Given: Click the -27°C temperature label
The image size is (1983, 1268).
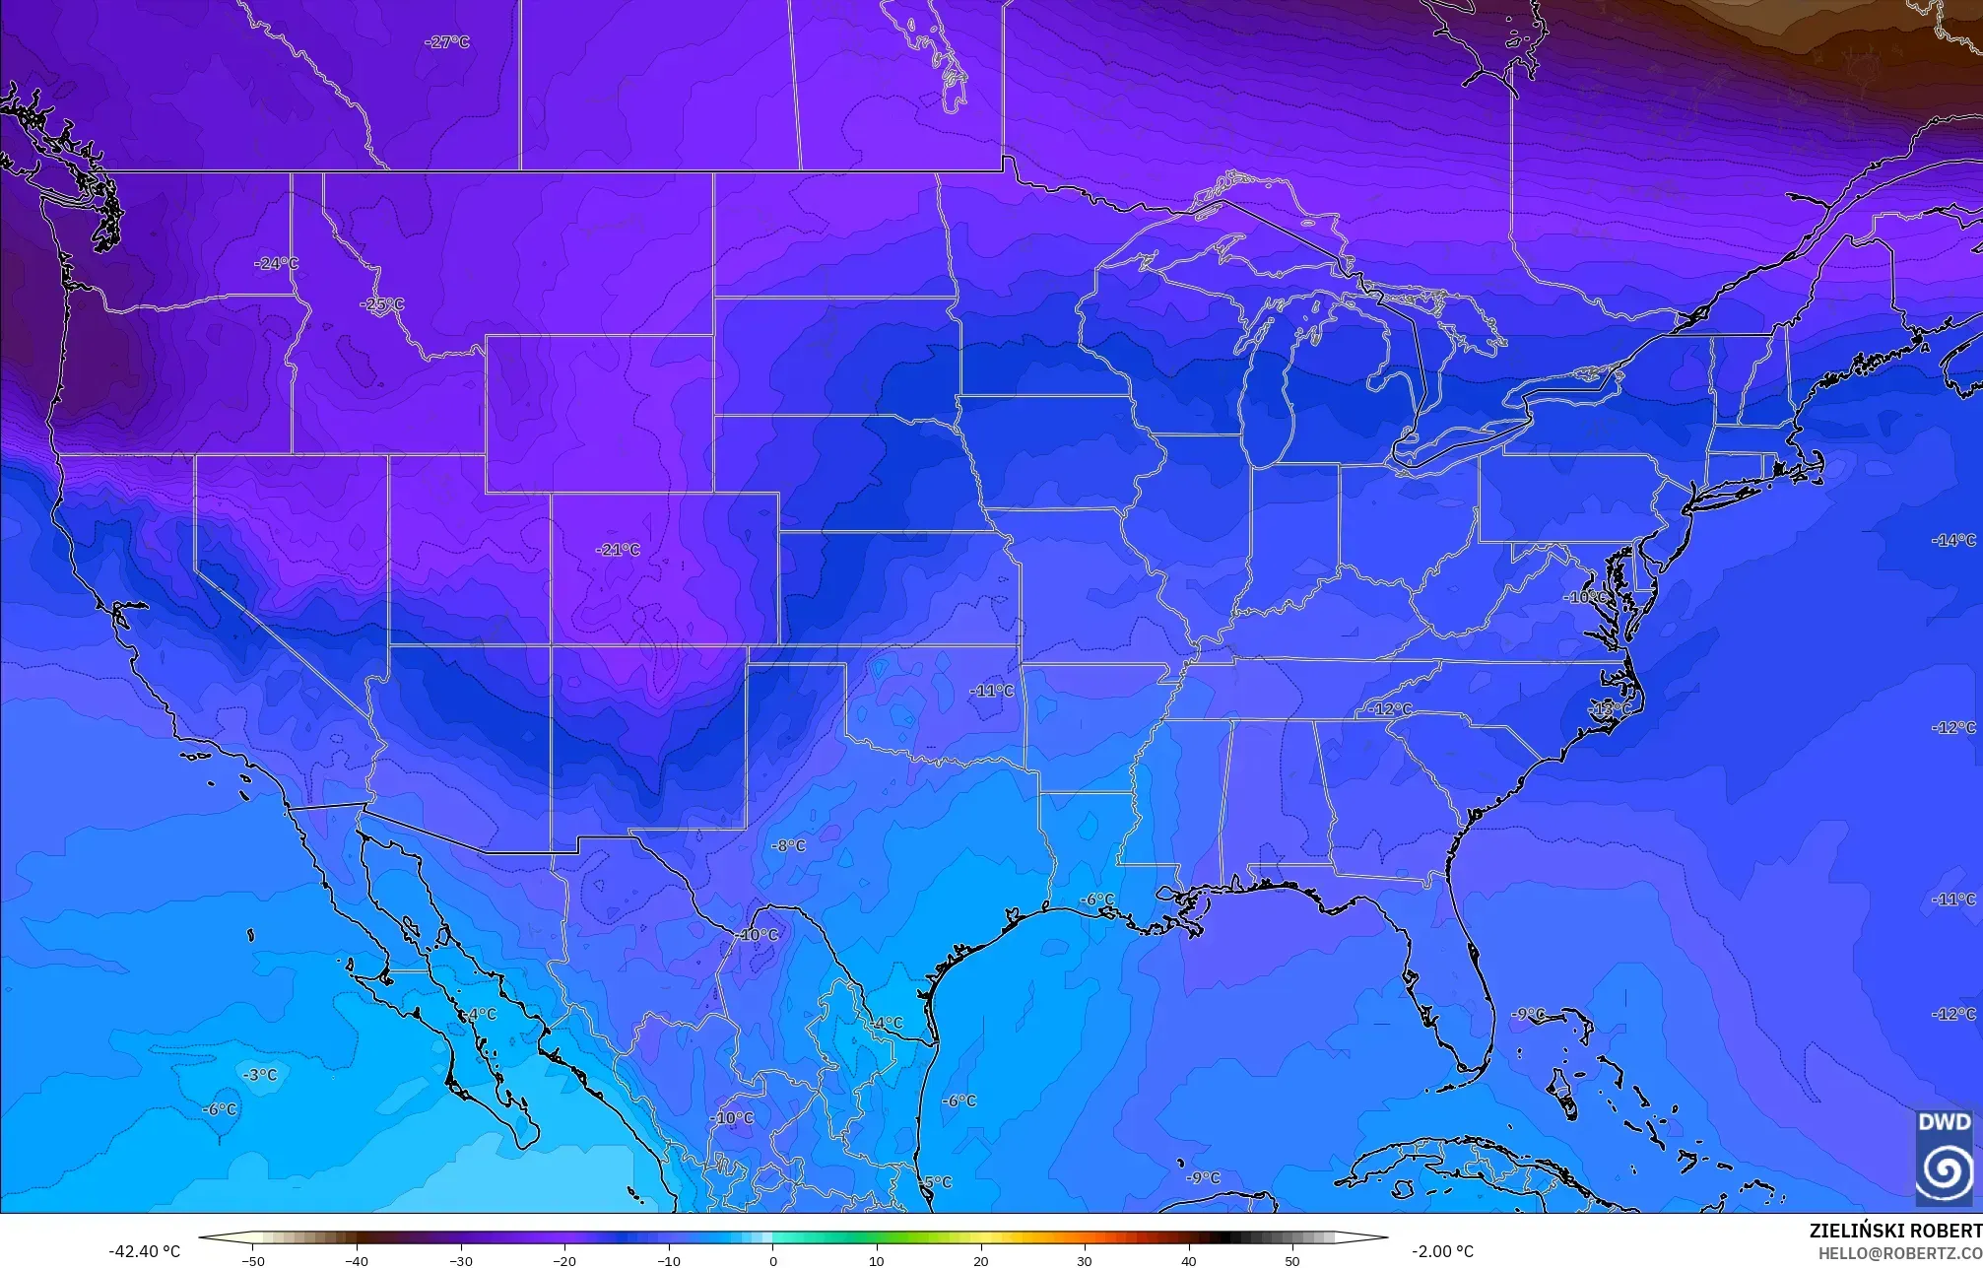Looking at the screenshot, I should point(446,42).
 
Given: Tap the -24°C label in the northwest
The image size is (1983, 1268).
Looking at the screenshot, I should point(276,263).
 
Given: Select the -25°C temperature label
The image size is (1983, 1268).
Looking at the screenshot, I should point(381,304).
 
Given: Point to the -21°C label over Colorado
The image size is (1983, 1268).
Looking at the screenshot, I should point(618,550).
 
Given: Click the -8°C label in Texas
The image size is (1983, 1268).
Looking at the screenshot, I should point(787,845).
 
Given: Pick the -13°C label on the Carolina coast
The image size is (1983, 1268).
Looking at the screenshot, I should point(1610,708).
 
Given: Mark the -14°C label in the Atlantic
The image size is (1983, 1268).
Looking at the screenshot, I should point(1953,540).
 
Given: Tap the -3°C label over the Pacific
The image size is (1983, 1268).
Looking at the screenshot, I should point(260,1075).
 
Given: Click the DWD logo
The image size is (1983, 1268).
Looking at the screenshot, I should point(1945,1158).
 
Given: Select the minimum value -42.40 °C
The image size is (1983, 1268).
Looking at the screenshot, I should point(144,1251).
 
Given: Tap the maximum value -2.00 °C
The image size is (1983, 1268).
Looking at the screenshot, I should point(1442,1251).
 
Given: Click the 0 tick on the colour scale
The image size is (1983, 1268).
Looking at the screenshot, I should point(772,1260).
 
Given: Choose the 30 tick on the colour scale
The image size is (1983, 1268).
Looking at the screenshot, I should point(1084,1260).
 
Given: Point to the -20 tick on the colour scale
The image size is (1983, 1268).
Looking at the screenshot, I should point(564,1260).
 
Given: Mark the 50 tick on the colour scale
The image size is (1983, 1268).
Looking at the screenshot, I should point(1291,1260).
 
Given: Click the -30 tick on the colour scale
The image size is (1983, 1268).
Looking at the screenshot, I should point(460,1260).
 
